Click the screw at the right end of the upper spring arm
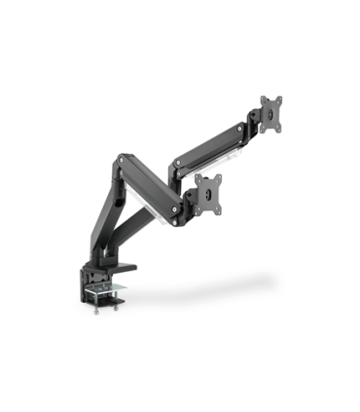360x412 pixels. (239, 127)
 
